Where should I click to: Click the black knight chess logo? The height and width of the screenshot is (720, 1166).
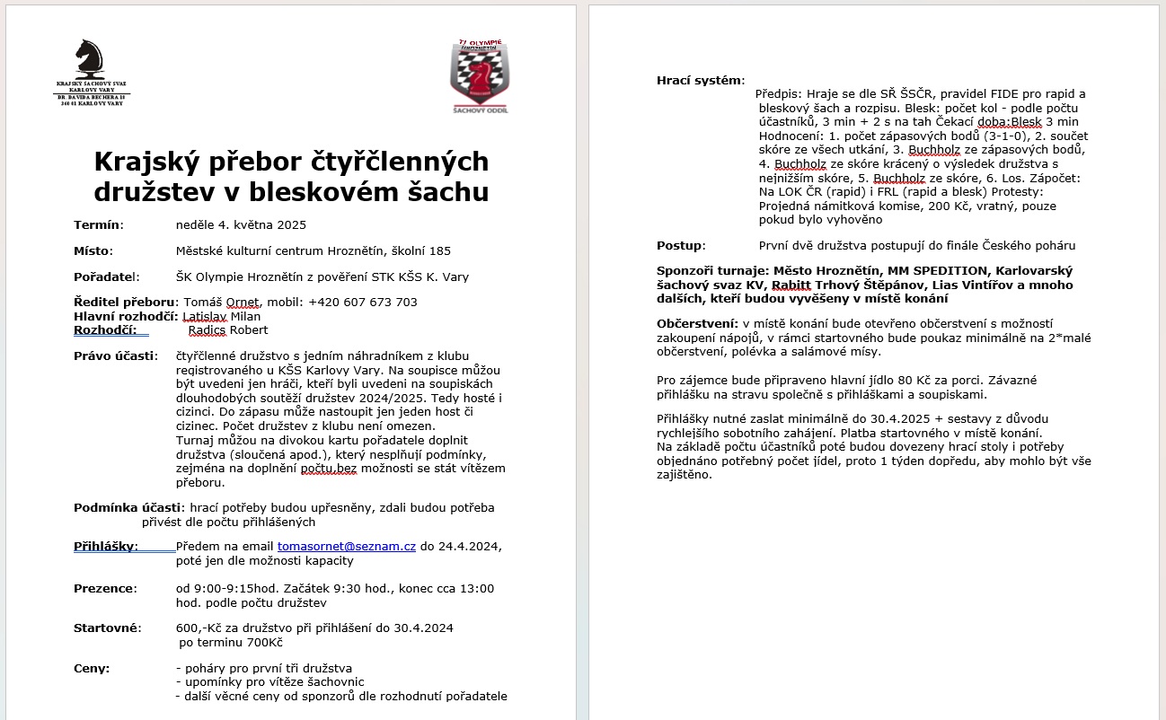tap(90, 57)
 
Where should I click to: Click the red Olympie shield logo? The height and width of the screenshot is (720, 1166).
tap(480, 75)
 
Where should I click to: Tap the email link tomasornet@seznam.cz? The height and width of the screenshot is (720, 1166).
tap(347, 546)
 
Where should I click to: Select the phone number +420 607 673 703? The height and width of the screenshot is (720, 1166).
tap(362, 302)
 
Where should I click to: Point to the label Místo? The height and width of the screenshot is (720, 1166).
tap(93, 250)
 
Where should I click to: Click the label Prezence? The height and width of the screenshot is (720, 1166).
tap(104, 588)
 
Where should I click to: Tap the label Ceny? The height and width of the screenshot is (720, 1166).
tap(92, 668)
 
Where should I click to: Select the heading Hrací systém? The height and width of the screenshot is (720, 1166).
tap(700, 81)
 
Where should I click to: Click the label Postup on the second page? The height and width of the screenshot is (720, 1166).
tap(680, 245)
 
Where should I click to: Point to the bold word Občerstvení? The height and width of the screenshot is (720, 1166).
tap(697, 322)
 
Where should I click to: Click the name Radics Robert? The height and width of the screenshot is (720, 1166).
tap(228, 329)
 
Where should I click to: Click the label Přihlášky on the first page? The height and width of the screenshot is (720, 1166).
tap(105, 546)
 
